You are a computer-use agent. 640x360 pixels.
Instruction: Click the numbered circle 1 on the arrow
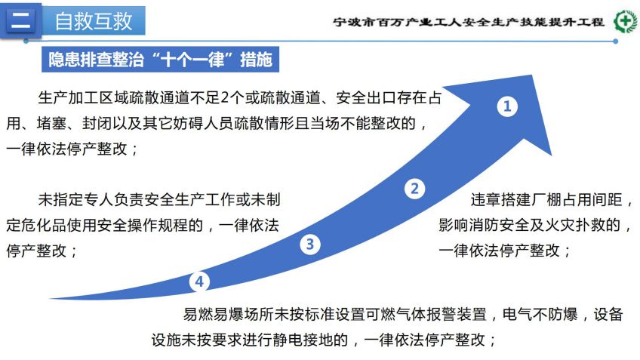[507, 106]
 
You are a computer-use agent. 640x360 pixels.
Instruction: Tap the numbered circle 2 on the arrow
[414, 189]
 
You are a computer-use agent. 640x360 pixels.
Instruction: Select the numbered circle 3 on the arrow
[310, 244]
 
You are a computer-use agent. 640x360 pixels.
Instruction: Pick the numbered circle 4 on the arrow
[199, 282]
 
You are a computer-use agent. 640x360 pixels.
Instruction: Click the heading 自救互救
[94, 21]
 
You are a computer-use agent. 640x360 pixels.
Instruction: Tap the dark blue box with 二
[21, 20]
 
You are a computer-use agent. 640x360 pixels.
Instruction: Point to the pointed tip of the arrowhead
[532, 75]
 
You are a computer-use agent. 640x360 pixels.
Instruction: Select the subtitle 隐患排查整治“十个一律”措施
[161, 60]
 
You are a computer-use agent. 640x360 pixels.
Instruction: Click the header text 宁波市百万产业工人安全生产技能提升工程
[468, 22]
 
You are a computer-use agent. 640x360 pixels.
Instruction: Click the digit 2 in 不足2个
[225, 98]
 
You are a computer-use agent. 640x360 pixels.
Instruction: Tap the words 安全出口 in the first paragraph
[367, 98]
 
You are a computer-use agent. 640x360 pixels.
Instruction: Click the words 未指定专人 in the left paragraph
[75, 199]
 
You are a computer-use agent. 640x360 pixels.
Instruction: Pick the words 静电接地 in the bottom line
[303, 340]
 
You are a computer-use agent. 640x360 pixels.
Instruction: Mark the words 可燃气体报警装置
[426, 314]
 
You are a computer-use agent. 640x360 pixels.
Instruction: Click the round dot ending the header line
[616, 42]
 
